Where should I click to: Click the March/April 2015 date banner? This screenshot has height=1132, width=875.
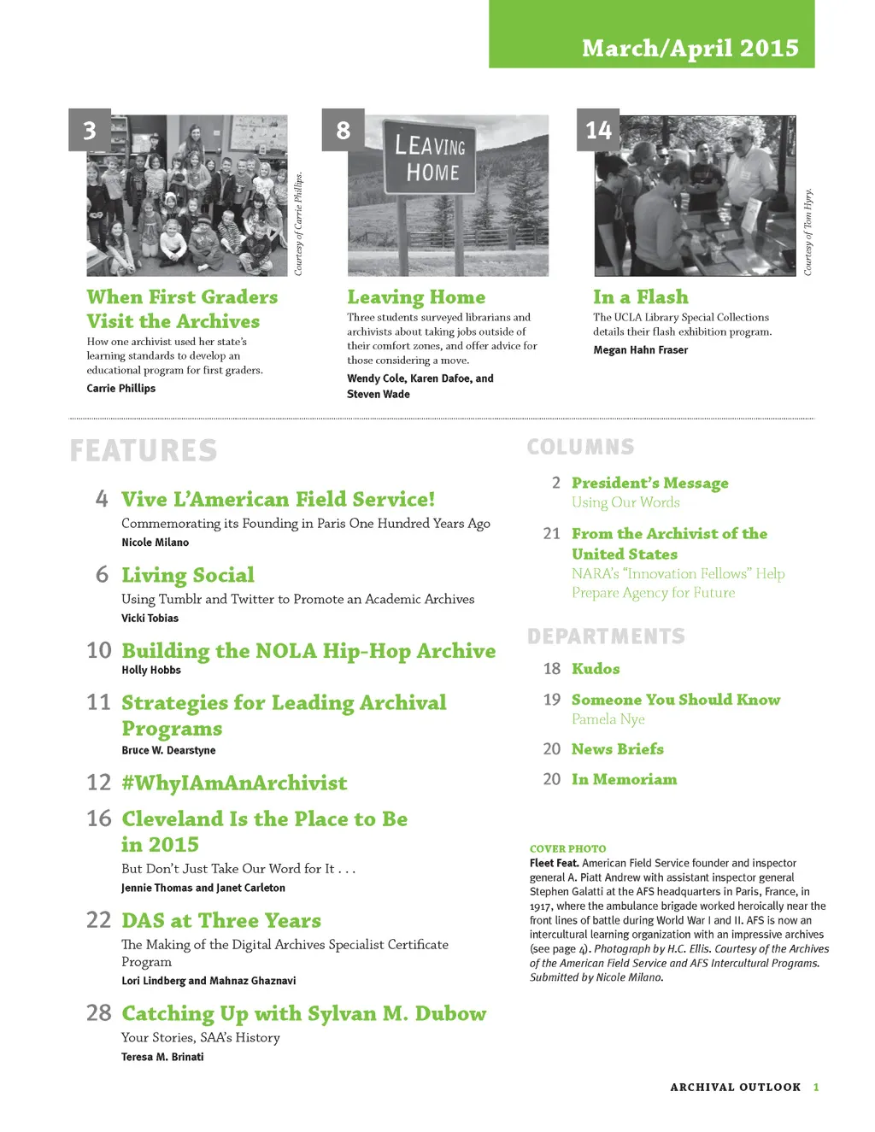[x=690, y=48]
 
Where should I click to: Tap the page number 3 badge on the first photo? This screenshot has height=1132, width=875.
[x=90, y=130]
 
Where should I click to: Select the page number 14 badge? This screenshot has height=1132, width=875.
[x=598, y=130]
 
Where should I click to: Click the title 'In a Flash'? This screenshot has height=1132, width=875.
[x=640, y=297]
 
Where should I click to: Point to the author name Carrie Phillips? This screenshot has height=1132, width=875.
[x=120, y=388]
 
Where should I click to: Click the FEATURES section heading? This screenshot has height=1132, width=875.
[x=144, y=450]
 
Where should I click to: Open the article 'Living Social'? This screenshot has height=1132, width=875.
[x=188, y=575]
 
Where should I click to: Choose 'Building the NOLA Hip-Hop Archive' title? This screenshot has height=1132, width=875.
[x=308, y=651]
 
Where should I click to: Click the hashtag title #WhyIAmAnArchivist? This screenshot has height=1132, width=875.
[x=234, y=783]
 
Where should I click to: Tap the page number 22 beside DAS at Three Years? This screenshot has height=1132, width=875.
[x=99, y=920]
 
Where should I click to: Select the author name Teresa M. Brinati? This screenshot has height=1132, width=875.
[x=162, y=1057]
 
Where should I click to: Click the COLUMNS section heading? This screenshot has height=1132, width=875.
[x=580, y=447]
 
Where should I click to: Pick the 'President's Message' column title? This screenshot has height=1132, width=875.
[x=649, y=483]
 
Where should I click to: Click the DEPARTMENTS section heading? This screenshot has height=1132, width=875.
[x=606, y=636]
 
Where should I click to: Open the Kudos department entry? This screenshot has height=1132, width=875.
[x=596, y=669]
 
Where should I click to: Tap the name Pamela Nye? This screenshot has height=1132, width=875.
[x=608, y=719]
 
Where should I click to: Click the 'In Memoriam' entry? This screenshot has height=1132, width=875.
[x=624, y=779]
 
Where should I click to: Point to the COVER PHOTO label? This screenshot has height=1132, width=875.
[x=567, y=848]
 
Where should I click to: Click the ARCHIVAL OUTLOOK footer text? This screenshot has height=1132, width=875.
[x=735, y=1087]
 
